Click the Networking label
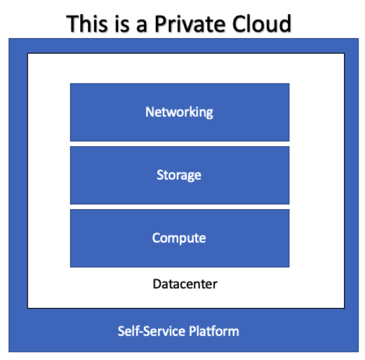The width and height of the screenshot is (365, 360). click(x=179, y=112)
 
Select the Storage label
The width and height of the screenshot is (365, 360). click(x=179, y=175)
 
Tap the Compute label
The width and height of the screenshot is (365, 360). click(x=179, y=238)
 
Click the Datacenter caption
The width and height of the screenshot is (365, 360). click(x=185, y=285)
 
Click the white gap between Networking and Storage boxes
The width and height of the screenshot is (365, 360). click(x=179, y=144)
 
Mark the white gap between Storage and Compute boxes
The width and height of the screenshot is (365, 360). click(x=179, y=207)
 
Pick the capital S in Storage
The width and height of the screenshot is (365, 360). click(x=160, y=175)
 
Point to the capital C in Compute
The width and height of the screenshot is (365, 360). click(x=156, y=238)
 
